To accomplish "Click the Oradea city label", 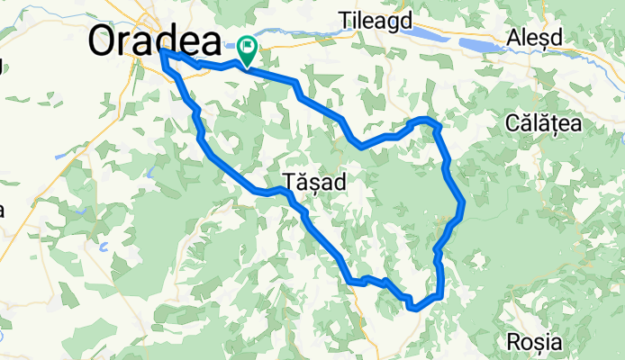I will [x=155, y=40].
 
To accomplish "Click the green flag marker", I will [x=247, y=45].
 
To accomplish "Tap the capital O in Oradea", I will [x=104, y=41].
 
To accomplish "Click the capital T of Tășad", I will [x=288, y=180].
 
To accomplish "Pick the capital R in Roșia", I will [x=513, y=342].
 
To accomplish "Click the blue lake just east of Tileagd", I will [x=432, y=36].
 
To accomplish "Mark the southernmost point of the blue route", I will [x=414, y=309].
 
